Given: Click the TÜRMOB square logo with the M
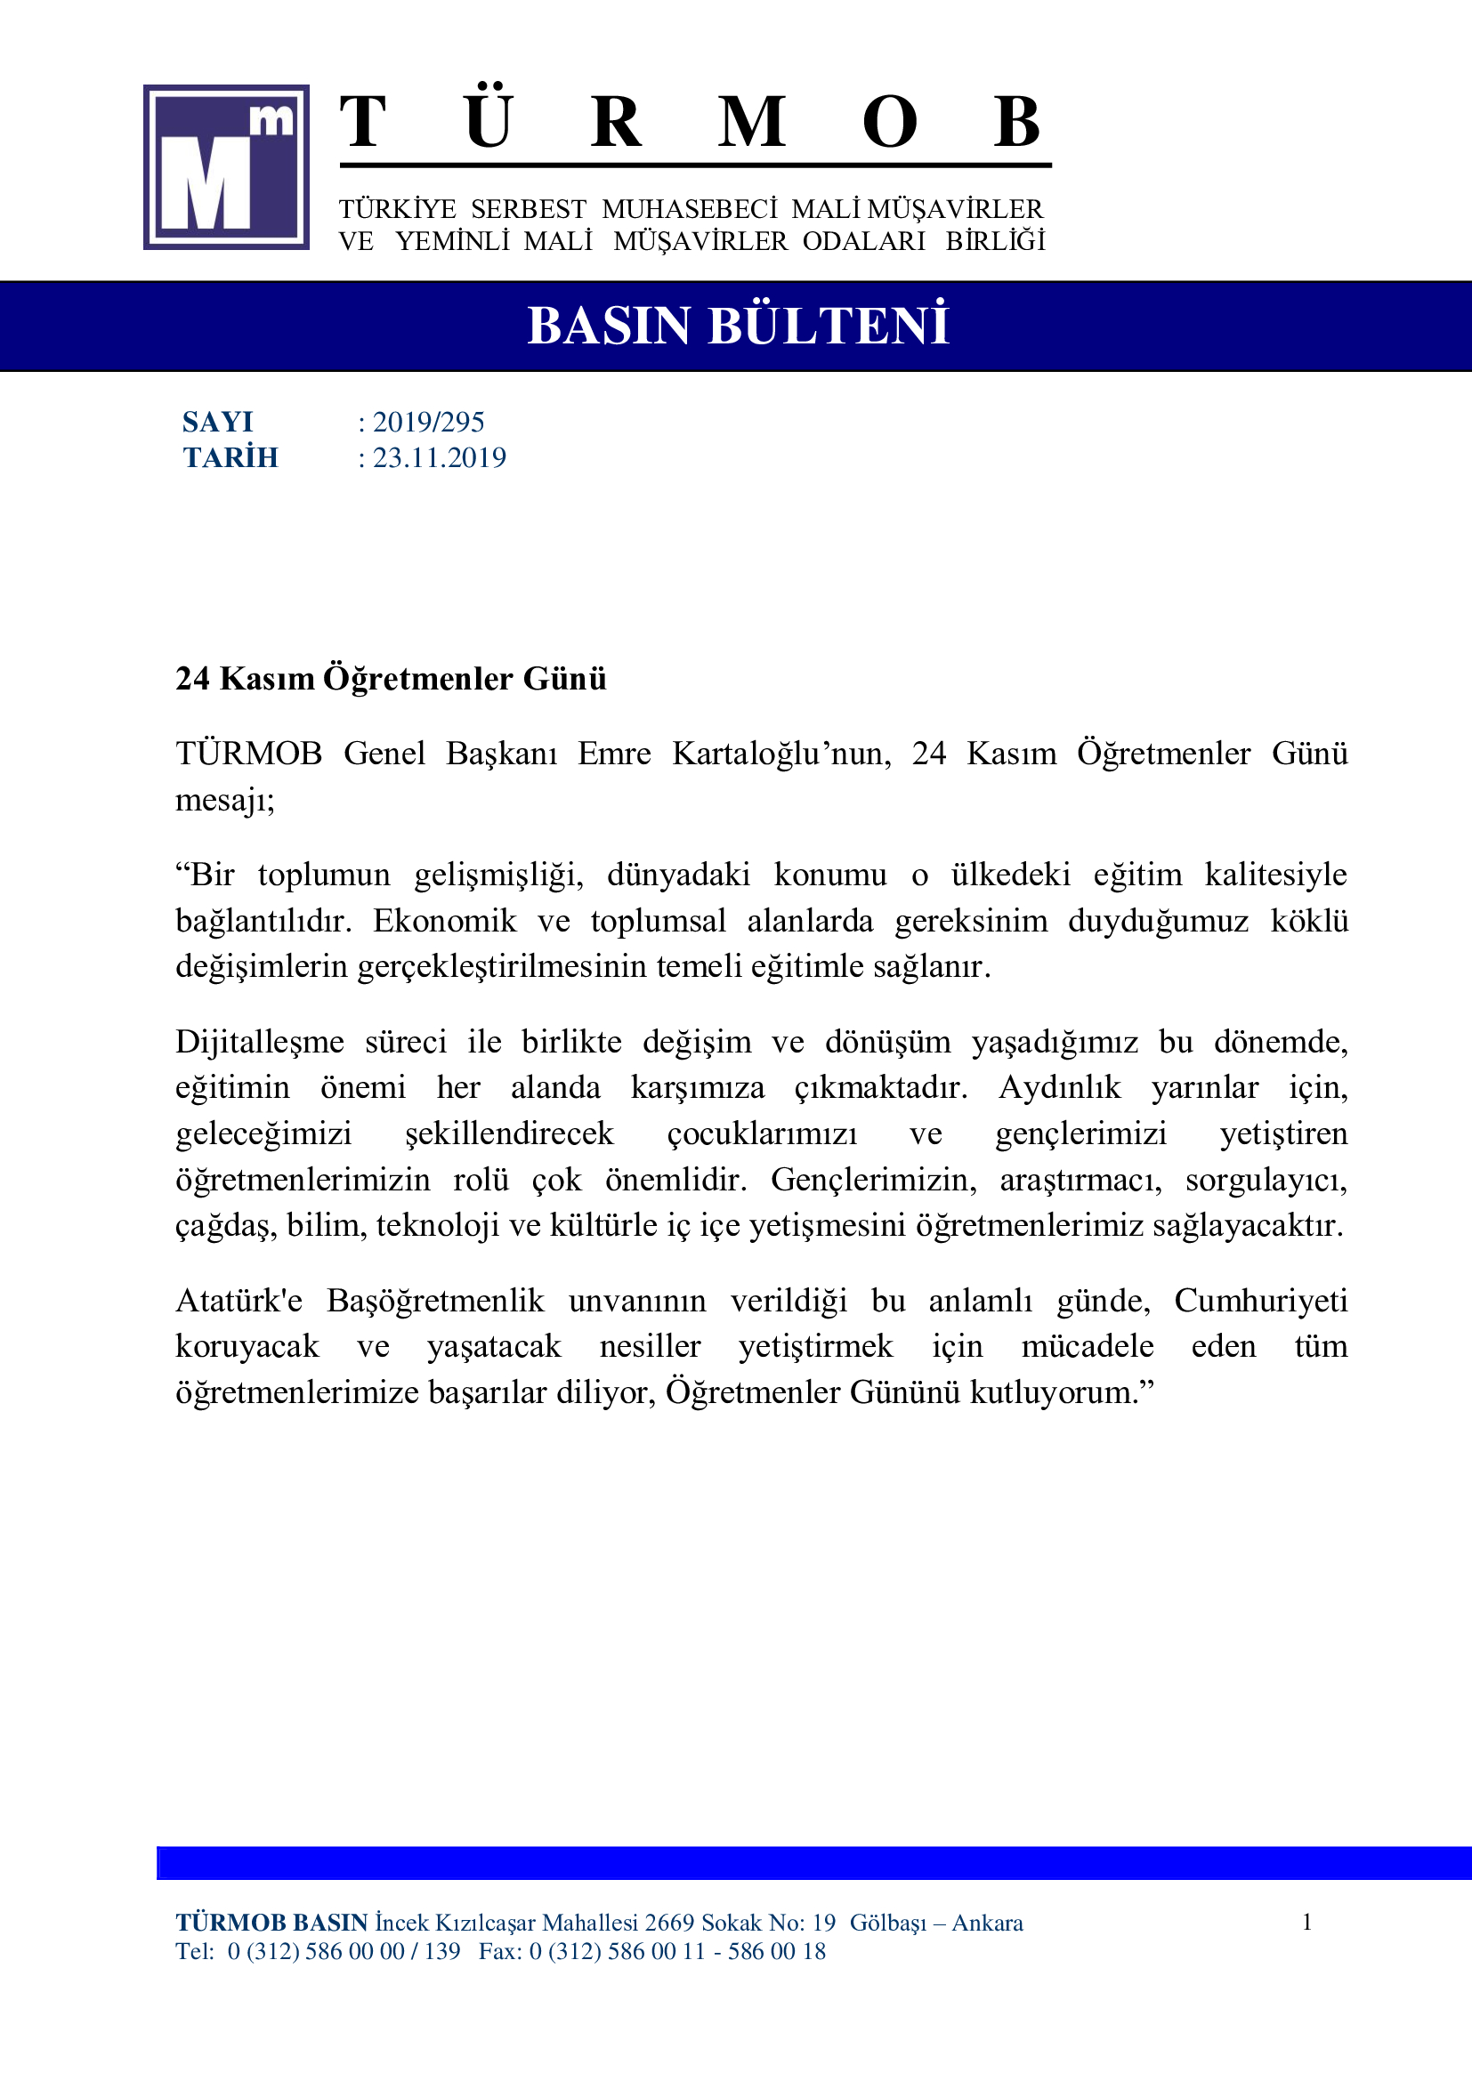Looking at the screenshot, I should [226, 167].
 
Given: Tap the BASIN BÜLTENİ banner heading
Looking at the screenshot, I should [737, 327].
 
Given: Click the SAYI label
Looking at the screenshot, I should [217, 423].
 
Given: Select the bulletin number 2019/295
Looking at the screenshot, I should [428, 423].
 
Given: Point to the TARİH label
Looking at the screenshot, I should [231, 457].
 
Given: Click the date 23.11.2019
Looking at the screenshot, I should [439, 457].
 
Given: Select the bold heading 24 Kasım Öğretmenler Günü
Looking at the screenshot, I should [391, 679].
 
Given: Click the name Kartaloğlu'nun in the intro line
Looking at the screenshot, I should [780, 754].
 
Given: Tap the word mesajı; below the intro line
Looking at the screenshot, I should [225, 800].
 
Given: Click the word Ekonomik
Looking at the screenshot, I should [444, 921].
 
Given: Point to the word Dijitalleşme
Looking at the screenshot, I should [259, 1043].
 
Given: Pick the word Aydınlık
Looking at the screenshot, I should [1060, 1087].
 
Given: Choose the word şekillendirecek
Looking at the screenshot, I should [509, 1133].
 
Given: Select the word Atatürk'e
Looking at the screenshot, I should [239, 1301].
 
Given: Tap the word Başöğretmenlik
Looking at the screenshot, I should [435, 1301].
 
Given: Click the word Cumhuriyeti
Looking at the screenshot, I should [1261, 1301].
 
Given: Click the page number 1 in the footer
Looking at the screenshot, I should [1307, 1923].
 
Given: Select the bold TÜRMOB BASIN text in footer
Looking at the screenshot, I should [271, 1924].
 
